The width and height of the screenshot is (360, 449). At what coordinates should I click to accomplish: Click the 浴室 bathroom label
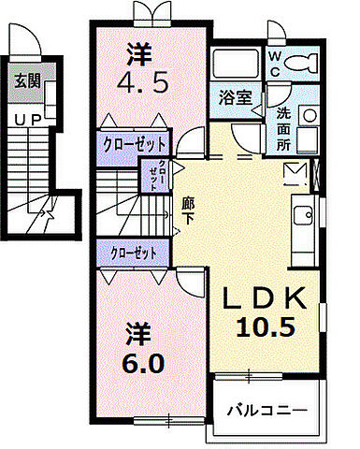coord(233,96)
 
